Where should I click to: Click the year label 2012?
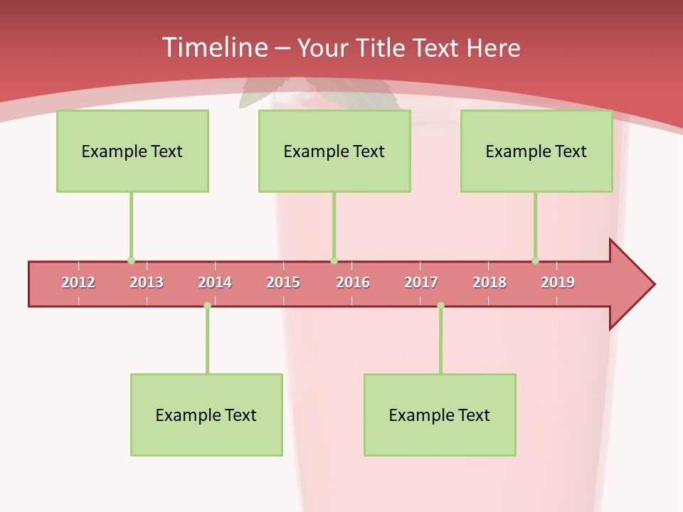pyautogui.click(x=78, y=283)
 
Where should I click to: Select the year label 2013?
pyautogui.click(x=147, y=283)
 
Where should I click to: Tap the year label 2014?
pyautogui.click(x=215, y=283)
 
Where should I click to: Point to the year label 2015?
pyautogui.click(x=283, y=283)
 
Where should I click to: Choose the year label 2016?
pyautogui.click(x=353, y=283)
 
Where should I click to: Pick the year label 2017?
pyautogui.click(x=421, y=283)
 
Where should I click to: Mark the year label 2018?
pyautogui.click(x=489, y=283)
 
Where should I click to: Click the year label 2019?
pyautogui.click(x=558, y=283)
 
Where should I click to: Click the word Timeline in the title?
pyautogui.click(x=213, y=48)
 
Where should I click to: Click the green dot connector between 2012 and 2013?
pyautogui.click(x=131, y=261)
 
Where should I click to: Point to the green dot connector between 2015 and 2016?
pyautogui.click(x=334, y=261)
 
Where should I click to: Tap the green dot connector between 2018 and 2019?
pyautogui.click(x=535, y=261)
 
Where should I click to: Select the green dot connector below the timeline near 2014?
pyautogui.click(x=207, y=306)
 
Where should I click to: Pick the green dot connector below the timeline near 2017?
pyautogui.click(x=440, y=306)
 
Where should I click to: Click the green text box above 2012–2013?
pyautogui.click(x=132, y=151)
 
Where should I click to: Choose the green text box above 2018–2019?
pyautogui.click(x=536, y=151)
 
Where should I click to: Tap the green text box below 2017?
pyautogui.click(x=440, y=415)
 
